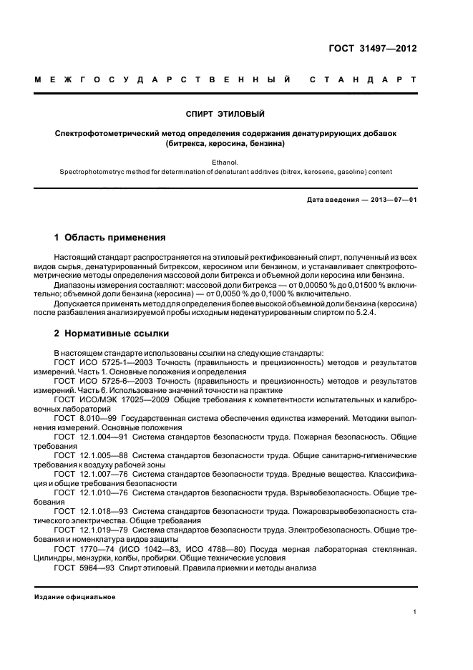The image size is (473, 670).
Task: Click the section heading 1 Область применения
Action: (x=110, y=237)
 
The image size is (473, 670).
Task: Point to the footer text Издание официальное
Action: (x=75, y=596)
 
